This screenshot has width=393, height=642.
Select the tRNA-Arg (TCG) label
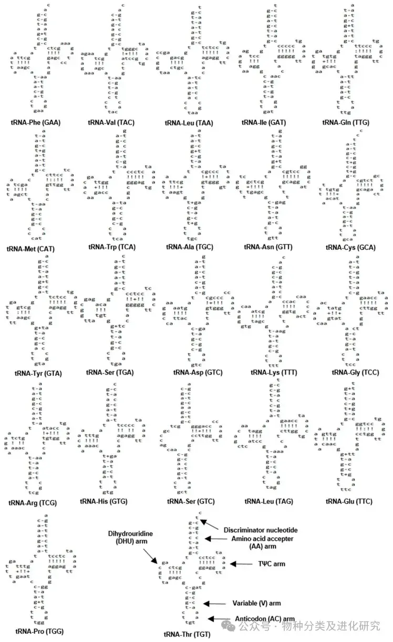(33, 502)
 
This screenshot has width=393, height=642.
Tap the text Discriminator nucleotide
(261, 530)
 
